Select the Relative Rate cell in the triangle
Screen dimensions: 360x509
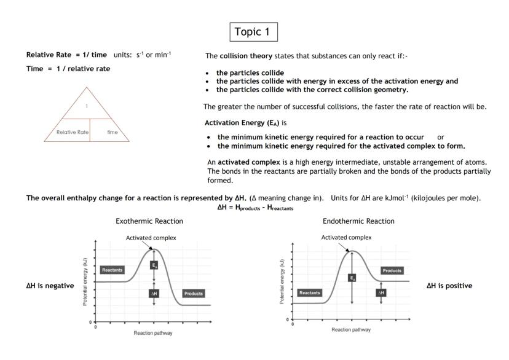(69, 131)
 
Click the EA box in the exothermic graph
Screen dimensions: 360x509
(154, 265)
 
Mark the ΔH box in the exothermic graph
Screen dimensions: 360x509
(154, 294)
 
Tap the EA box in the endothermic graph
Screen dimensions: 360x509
(352, 278)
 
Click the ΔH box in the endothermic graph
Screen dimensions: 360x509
(381, 292)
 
